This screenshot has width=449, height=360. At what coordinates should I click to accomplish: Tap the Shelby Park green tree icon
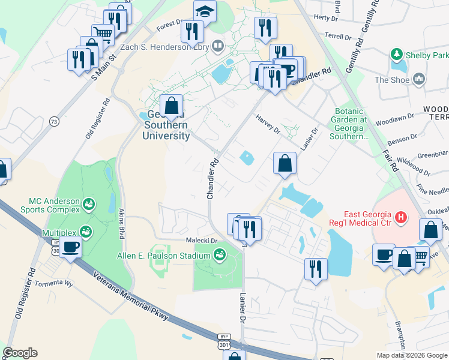click(x=396, y=55)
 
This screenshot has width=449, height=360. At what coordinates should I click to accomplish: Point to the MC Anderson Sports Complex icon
click(x=89, y=205)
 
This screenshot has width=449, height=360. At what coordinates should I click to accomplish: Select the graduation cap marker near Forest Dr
click(x=205, y=11)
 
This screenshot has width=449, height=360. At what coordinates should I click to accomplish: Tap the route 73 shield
click(x=54, y=121)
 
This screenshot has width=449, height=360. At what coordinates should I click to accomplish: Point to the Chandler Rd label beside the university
click(x=212, y=179)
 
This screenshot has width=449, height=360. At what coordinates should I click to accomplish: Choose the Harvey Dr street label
click(x=268, y=123)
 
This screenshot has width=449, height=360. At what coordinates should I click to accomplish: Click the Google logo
click(x=20, y=353)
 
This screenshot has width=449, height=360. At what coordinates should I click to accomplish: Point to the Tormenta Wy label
click(x=53, y=283)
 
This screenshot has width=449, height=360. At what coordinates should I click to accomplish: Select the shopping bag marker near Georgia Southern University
click(x=172, y=106)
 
